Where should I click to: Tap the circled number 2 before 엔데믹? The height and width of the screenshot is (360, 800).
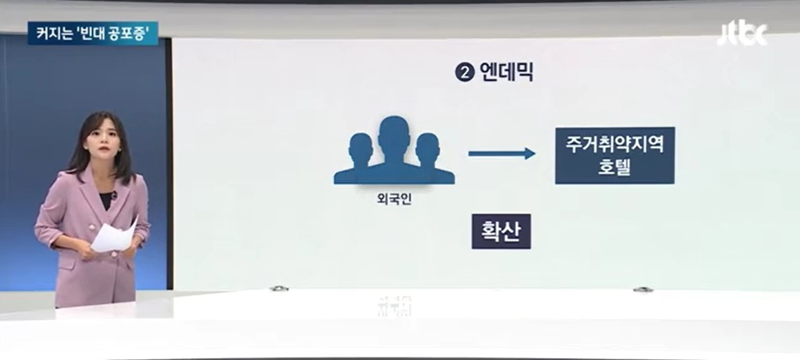[465, 72]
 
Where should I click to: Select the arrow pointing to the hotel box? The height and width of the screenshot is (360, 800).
[501, 153]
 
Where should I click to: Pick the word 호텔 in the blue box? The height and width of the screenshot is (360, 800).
[614, 168]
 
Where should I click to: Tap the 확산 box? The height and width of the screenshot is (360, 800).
[501, 232]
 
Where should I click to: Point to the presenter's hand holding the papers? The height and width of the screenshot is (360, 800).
[89, 252]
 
